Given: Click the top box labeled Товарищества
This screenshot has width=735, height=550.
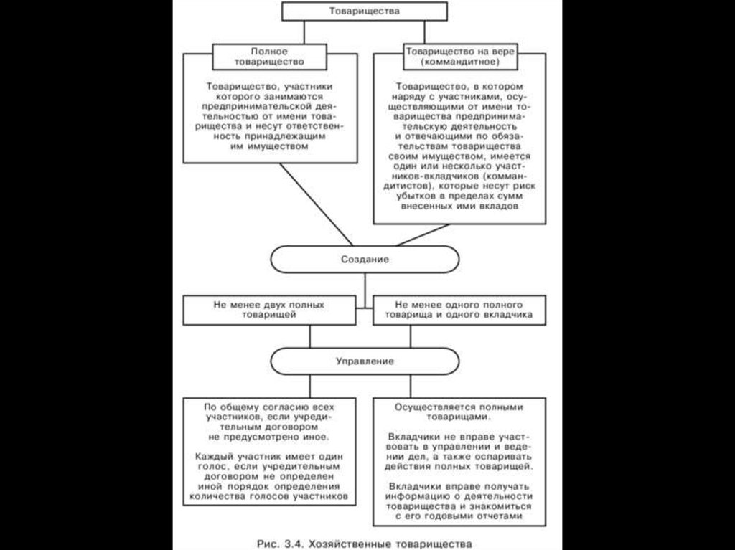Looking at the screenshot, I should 364,11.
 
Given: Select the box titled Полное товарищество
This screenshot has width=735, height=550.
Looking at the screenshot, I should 269,57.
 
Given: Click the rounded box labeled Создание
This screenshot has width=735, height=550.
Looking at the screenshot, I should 364,259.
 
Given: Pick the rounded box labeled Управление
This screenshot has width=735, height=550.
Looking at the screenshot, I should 364,361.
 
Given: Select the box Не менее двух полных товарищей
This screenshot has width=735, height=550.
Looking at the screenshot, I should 269,310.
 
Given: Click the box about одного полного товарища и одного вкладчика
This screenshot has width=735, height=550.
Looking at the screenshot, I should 458,310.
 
